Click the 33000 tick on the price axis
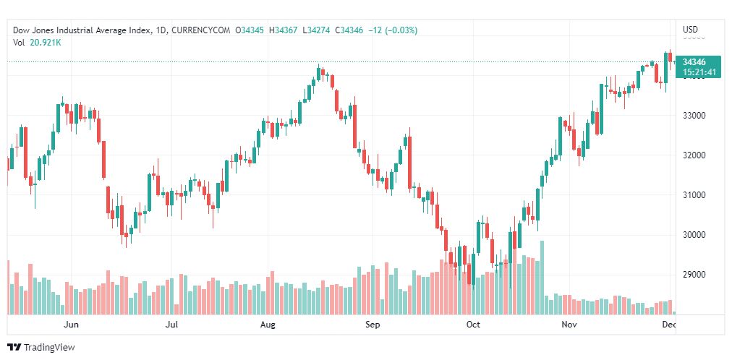(x=694, y=116)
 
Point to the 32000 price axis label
(x=694, y=155)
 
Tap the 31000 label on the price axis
(x=694, y=195)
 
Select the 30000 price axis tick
(x=694, y=235)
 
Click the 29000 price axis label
(x=694, y=275)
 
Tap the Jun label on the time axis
(x=71, y=325)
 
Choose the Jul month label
(x=172, y=325)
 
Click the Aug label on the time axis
(x=268, y=325)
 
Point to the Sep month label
(x=373, y=325)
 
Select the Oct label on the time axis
(x=473, y=325)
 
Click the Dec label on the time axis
(x=670, y=325)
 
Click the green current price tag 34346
(x=694, y=62)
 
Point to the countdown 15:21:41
(x=698, y=72)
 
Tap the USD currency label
(x=690, y=30)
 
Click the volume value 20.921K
(x=46, y=43)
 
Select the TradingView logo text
(x=49, y=348)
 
